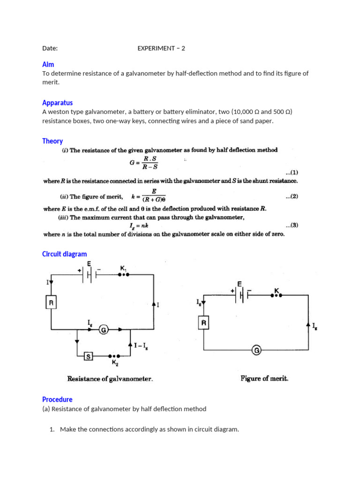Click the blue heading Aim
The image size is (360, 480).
[x=48, y=64]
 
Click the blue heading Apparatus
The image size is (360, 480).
[x=57, y=103]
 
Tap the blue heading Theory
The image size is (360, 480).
[x=52, y=141]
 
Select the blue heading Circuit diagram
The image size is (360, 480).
[x=64, y=254]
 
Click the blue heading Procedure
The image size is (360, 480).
[x=57, y=399]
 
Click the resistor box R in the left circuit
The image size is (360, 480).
[x=51, y=303]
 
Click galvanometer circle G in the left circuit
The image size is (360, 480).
[x=104, y=330]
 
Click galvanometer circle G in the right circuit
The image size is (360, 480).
[x=256, y=350]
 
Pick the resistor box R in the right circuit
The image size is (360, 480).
[x=204, y=323]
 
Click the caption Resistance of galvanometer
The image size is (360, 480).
[x=110, y=379]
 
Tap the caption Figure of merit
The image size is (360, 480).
[x=264, y=378]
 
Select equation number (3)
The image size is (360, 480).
[x=292, y=225]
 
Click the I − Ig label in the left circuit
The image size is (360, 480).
[x=141, y=346]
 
